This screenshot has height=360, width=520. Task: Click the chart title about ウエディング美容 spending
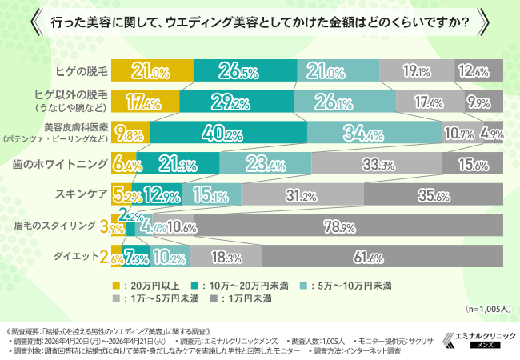tap(259, 23)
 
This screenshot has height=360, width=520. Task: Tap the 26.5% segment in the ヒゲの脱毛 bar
tap(245, 72)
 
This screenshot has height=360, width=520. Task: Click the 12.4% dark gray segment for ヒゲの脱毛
tap(479, 72)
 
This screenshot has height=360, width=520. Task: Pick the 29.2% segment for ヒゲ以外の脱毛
tap(236, 102)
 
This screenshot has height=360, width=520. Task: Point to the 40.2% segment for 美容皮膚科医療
tap(228, 132)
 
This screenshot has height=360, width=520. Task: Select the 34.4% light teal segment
tap(374, 132)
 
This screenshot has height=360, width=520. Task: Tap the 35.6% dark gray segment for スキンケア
tap(433, 194)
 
